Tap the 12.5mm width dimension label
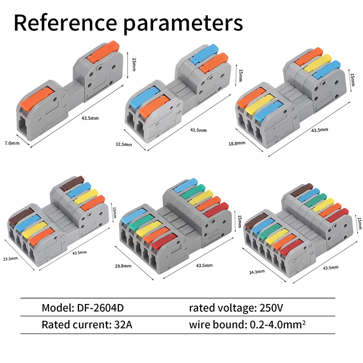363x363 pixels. point(124,144)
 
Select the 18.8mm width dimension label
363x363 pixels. point(237,143)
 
